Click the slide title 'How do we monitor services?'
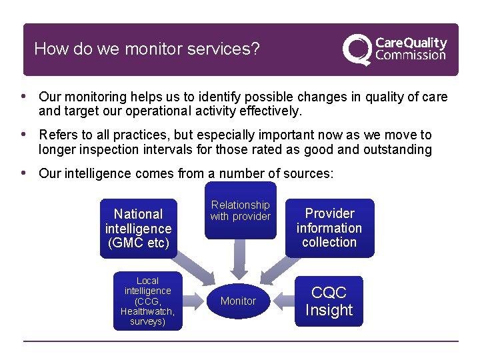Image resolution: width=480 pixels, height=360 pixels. click(x=147, y=49)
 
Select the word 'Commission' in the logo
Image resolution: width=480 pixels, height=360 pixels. click(x=411, y=55)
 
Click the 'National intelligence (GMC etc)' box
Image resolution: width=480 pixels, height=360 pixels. click(x=138, y=229)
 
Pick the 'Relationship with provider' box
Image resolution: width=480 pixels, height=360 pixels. click(x=240, y=211)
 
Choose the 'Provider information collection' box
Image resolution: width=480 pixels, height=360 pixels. click(x=329, y=228)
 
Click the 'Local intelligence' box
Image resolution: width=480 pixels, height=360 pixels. click(x=147, y=301)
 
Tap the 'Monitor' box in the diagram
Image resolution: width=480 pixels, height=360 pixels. click(x=238, y=301)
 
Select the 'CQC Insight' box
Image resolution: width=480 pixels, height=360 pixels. click(x=329, y=301)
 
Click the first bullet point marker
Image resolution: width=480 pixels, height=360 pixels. click(x=25, y=96)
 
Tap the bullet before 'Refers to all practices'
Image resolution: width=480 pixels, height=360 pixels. click(x=25, y=135)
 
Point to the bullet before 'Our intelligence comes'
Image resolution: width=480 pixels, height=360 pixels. click(x=25, y=173)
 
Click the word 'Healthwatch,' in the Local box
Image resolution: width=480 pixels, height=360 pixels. click(x=147, y=311)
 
